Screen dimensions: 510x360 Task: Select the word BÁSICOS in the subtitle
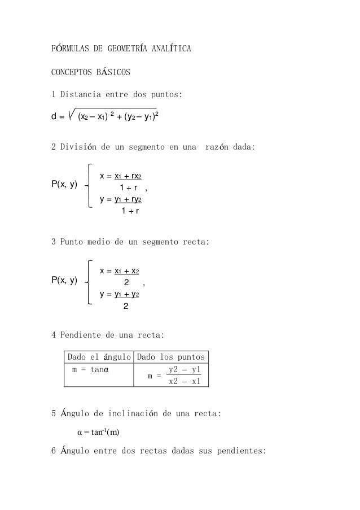pos(111,72)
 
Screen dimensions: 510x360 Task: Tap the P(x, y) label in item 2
pos(65,185)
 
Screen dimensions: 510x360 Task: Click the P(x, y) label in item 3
pos(65,280)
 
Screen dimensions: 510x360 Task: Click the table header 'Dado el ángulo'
pos(99,357)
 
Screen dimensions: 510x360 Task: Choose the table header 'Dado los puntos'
pos(172,357)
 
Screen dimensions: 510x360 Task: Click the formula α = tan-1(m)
pos(98,433)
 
